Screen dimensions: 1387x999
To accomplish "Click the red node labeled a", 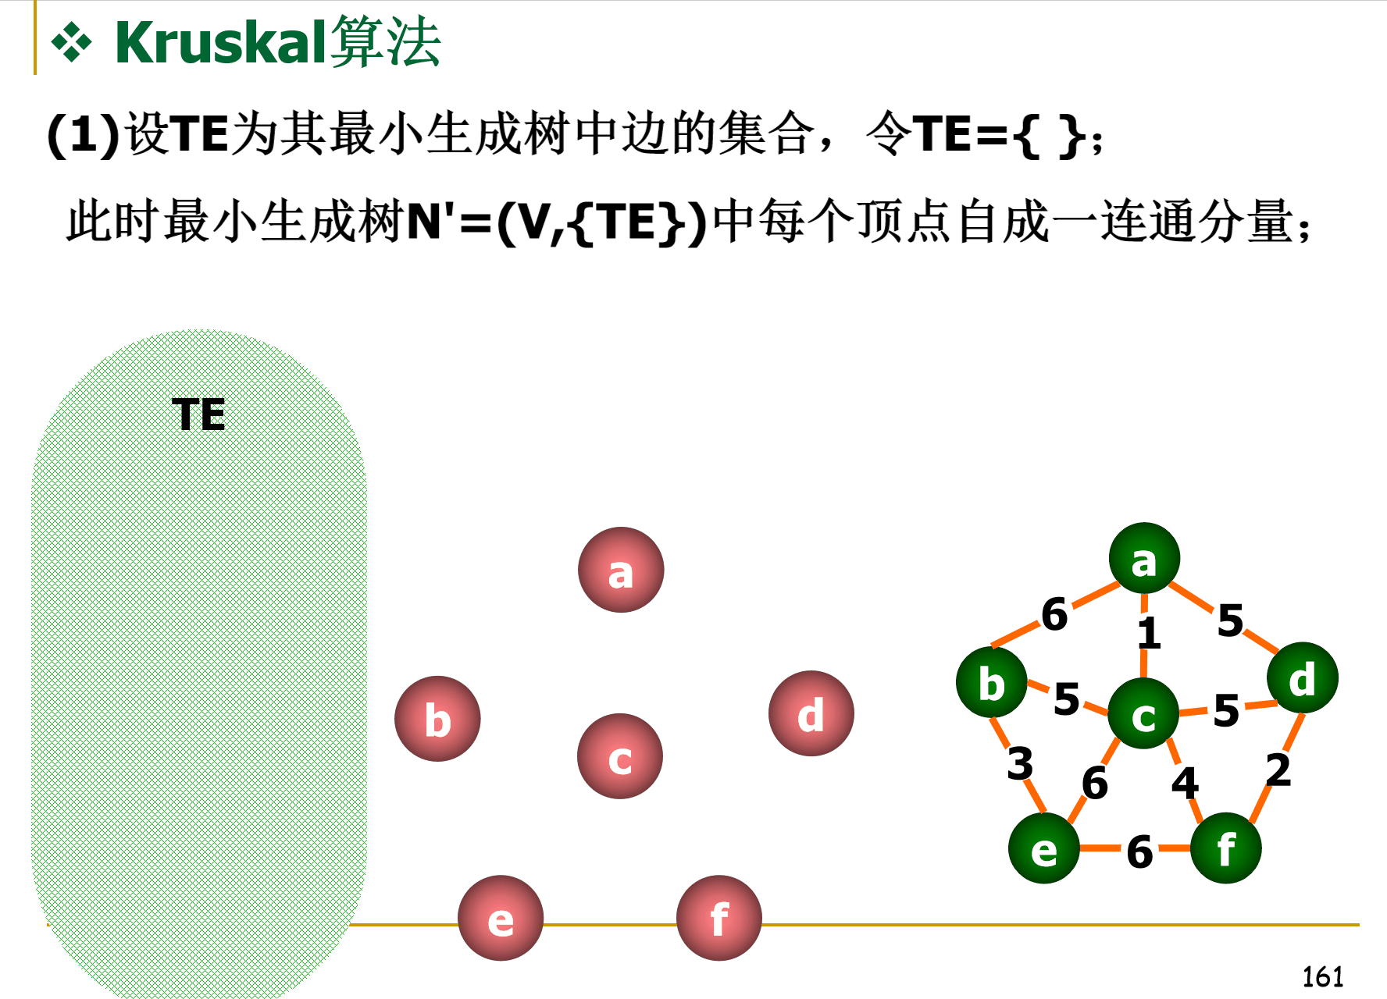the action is coord(621,571).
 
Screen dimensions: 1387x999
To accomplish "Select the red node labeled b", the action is coord(437,719).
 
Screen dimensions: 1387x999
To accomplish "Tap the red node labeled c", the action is coord(620,756).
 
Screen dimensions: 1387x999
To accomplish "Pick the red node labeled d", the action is coord(811,713).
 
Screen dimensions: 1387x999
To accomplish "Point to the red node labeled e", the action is coord(501,919).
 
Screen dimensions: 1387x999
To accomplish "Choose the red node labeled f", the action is coord(718,919).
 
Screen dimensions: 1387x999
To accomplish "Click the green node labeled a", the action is coord(1144,559).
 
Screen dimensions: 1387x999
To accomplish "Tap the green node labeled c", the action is coord(1143,713).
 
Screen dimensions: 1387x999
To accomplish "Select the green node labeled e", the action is coord(1044,848).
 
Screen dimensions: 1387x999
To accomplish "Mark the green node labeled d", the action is coord(1302,678).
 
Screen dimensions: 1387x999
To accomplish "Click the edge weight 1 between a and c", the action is coord(1148,633).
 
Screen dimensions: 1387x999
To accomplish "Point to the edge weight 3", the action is coord(1020,763).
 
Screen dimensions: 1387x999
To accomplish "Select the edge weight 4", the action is coord(1185,782).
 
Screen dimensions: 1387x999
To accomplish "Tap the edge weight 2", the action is coord(1278,770).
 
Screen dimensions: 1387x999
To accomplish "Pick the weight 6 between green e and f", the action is coord(1139,851).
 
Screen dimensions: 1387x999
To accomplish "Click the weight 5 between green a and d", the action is coord(1230,620).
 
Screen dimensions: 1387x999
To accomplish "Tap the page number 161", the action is coord(1322,976).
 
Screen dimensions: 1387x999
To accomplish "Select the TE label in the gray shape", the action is coord(198,414).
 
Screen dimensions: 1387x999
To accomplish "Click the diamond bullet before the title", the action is coord(71,43).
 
